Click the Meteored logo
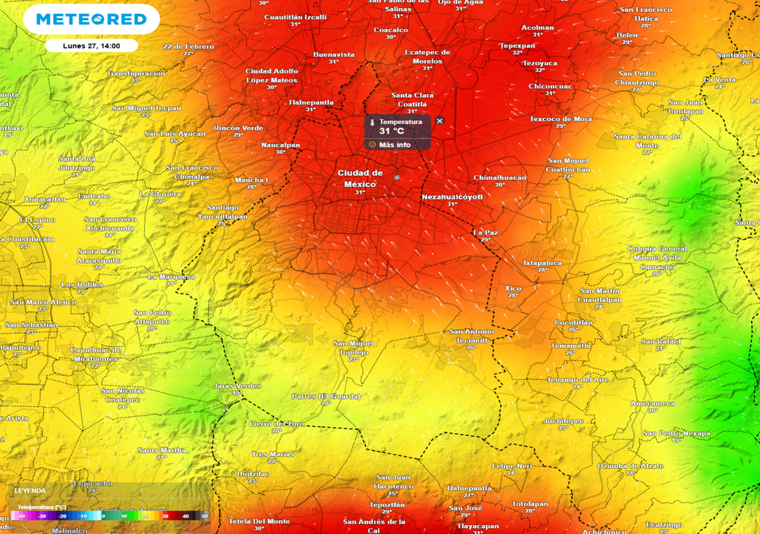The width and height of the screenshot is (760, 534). (x=91, y=19)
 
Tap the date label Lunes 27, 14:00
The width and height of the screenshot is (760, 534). (x=91, y=45)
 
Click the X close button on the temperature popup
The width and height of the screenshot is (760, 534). (x=439, y=121)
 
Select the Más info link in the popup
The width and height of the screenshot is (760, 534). (x=394, y=145)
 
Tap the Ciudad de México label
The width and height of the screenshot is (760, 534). (x=360, y=178)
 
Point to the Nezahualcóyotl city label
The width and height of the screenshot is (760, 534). (x=451, y=197)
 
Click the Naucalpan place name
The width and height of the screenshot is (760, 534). (x=281, y=145)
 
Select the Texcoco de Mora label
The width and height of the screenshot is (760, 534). (x=560, y=119)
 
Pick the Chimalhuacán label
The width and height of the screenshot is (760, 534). (x=499, y=178)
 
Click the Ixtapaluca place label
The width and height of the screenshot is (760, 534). (x=543, y=263)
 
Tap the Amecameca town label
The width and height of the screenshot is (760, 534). (x=652, y=403)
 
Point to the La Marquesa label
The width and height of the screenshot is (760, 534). (x=171, y=277)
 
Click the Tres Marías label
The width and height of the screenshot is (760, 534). (x=272, y=454)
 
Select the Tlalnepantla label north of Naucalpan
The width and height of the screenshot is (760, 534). (x=311, y=102)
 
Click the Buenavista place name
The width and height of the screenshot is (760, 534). (x=334, y=54)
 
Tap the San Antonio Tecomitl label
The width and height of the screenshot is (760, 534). (x=471, y=335)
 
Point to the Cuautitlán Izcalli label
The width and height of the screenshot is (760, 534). (x=295, y=16)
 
